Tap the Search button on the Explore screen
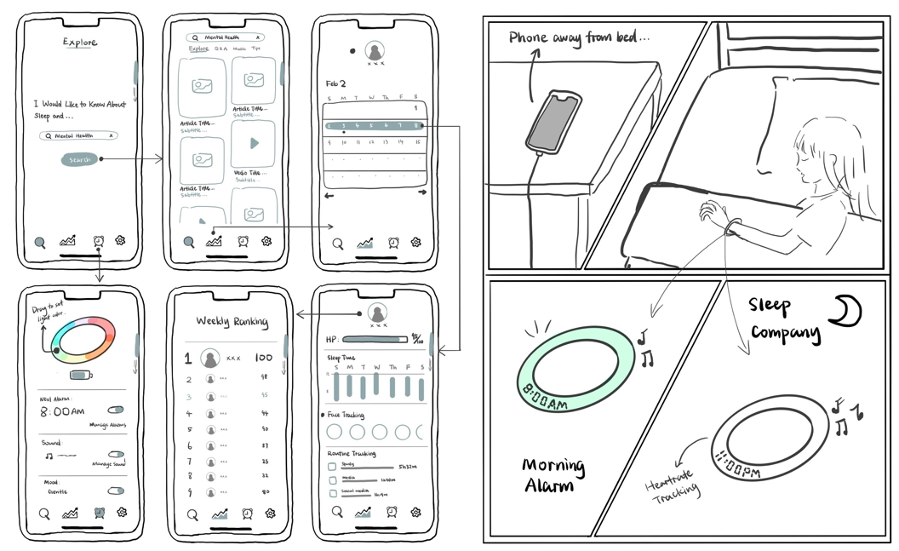[79, 159]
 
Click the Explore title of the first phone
[80, 43]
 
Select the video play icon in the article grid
[254, 144]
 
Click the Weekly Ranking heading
[232, 322]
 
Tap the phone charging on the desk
[553, 119]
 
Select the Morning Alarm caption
[553, 475]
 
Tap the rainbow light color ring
[82, 341]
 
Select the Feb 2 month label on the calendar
[336, 84]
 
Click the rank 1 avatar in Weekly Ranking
[210, 359]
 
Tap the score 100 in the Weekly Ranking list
[263, 359]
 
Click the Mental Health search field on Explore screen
[80, 135]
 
